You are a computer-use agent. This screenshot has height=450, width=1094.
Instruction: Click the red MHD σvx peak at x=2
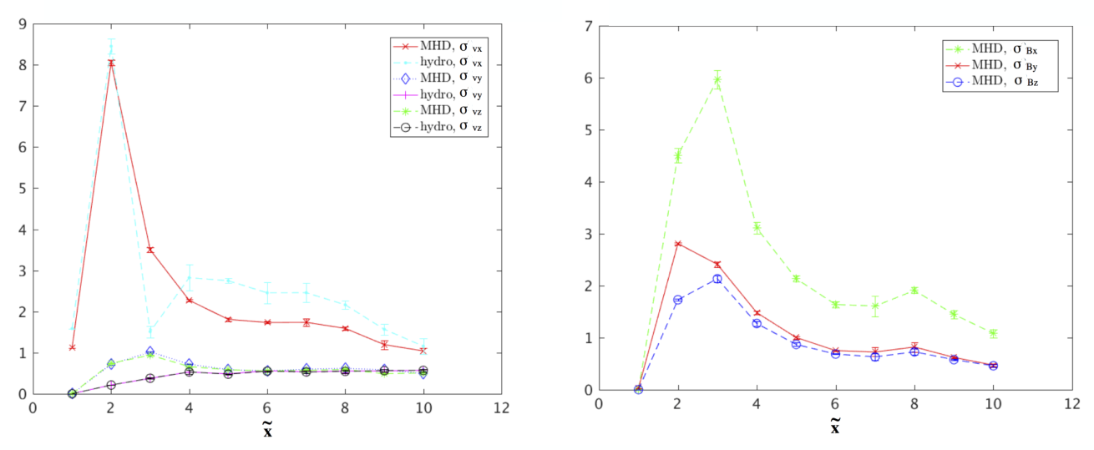click(x=111, y=63)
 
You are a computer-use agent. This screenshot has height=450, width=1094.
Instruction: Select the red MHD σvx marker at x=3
click(x=150, y=250)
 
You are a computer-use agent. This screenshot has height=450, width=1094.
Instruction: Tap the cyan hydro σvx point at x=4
click(x=189, y=278)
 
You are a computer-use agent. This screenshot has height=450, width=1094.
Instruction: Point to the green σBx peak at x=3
click(x=717, y=79)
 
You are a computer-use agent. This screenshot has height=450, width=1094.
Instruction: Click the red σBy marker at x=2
click(x=678, y=244)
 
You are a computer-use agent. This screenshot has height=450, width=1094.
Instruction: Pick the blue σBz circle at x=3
click(x=717, y=279)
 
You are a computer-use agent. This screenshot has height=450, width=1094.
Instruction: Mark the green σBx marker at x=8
click(x=914, y=291)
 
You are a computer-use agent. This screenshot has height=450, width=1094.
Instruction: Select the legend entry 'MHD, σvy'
click(x=438, y=78)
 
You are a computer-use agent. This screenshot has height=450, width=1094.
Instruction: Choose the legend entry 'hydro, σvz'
click(x=438, y=127)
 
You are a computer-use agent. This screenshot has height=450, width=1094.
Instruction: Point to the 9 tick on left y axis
click(x=23, y=24)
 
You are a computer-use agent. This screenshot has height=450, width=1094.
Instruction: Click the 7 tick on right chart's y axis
click(x=589, y=27)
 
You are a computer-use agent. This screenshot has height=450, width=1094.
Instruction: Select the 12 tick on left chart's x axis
click(x=502, y=408)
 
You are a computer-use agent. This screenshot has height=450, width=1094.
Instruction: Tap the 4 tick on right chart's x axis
click(x=757, y=404)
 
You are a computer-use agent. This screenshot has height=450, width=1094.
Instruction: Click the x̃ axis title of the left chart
click(x=267, y=429)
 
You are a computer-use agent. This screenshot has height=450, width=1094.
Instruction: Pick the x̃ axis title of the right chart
click(x=835, y=426)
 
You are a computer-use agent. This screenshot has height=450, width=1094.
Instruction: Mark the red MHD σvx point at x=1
click(x=72, y=347)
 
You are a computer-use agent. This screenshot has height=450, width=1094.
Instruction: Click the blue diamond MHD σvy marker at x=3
click(x=150, y=351)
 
